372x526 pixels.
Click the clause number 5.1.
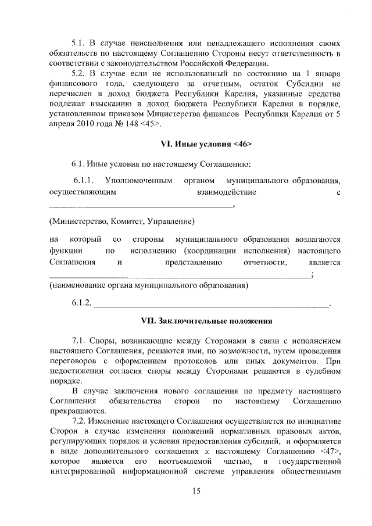[79, 44]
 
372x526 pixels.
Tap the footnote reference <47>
[329, 450]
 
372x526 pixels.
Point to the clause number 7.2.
[79, 420]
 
